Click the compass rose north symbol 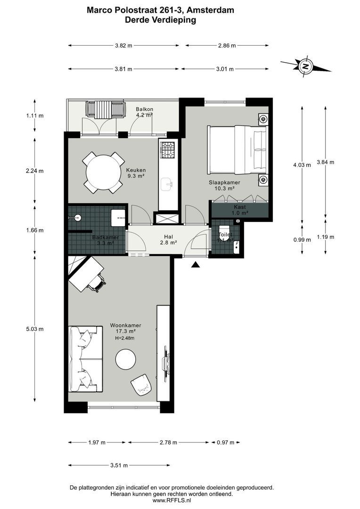point(305,66)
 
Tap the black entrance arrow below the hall point(196,265)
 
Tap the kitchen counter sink point(168,184)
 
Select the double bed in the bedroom point(238,149)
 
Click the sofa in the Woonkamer point(85,358)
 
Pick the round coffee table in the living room point(126,359)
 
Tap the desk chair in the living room point(97,283)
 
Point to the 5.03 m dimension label point(34,329)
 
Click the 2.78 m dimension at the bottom point(168,443)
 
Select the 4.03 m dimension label point(302,165)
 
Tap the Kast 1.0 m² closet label point(240,210)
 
